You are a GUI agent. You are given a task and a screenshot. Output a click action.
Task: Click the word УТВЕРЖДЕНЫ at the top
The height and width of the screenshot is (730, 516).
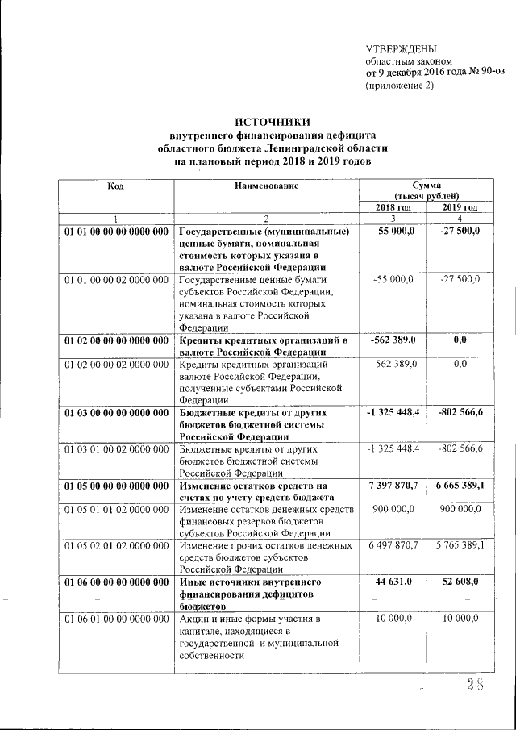tap(401, 49)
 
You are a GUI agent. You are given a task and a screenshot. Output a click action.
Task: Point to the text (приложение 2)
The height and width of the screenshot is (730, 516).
tap(400, 85)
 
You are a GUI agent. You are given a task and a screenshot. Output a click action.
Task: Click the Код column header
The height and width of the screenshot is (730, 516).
tap(115, 186)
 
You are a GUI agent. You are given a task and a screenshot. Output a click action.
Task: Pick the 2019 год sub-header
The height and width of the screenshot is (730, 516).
tap(460, 207)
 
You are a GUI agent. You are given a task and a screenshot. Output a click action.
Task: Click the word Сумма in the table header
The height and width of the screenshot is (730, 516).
tap(427, 186)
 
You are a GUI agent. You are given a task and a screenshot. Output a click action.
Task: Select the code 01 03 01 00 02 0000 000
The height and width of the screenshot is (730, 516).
tap(116, 448)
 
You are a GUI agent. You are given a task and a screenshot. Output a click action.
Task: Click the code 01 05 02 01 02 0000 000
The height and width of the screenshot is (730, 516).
tap(116, 546)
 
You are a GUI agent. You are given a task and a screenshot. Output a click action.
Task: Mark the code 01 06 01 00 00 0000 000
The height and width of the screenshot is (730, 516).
tap(116, 618)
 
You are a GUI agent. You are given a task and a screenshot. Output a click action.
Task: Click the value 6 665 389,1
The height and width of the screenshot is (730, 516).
tap(460, 486)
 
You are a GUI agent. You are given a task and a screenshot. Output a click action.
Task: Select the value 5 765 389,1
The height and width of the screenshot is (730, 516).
tap(460, 546)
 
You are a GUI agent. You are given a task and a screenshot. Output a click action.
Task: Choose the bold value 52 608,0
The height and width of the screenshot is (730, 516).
tap(460, 582)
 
